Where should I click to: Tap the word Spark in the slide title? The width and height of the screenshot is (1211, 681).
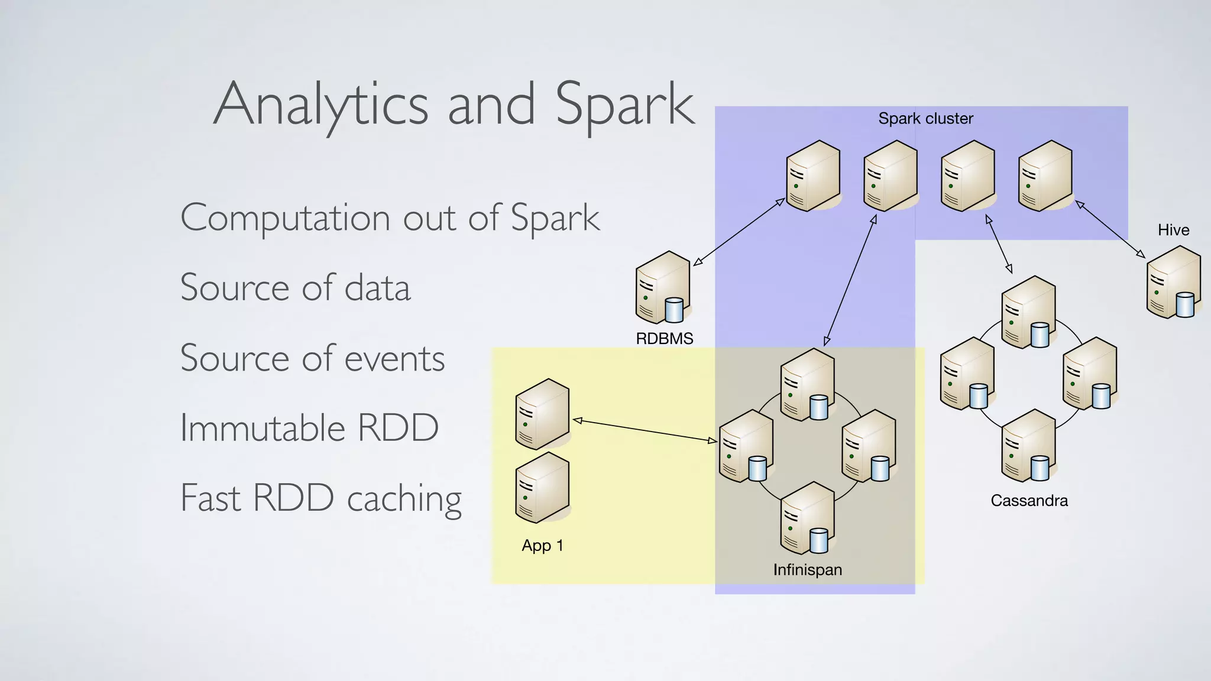tap(624, 105)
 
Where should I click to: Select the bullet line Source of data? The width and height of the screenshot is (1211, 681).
tap(295, 288)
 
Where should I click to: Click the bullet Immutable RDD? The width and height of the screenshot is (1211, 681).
tap(309, 428)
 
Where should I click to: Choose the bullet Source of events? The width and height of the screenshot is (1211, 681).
tap(312, 358)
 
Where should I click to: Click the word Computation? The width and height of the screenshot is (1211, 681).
tap(285, 218)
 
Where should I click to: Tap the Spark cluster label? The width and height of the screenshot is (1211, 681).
tap(925, 119)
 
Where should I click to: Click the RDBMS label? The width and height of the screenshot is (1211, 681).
tap(664, 339)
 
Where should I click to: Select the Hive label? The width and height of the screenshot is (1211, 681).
tap(1173, 230)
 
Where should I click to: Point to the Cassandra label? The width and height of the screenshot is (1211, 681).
tap(1029, 501)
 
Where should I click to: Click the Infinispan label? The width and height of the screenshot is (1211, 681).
tap(807, 570)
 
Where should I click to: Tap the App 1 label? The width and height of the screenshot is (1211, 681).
tap(542, 546)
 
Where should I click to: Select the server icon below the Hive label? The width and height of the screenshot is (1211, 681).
tap(1174, 283)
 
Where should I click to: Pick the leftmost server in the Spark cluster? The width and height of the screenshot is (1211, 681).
tap(814, 176)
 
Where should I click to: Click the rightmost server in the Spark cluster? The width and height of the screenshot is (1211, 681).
tap(1045, 176)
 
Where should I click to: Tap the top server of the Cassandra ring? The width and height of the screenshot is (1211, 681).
tap(1029, 312)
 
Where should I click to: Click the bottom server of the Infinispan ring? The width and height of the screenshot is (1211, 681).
tap(807, 518)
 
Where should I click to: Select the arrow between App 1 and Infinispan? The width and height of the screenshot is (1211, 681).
tap(645, 430)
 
